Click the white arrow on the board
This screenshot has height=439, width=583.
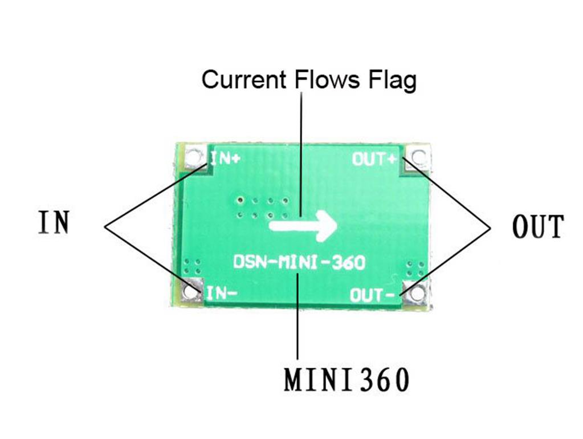click(x=303, y=225)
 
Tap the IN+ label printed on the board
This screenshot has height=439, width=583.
click(x=226, y=159)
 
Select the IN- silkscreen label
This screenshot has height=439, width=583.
click(x=221, y=293)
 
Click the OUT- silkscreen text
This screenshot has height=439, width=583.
click(x=372, y=295)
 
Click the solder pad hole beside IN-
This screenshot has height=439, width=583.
click(x=190, y=292)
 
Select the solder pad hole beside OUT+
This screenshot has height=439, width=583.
click(x=419, y=156)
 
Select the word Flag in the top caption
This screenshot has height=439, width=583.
click(x=392, y=80)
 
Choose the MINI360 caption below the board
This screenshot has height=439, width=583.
click(x=346, y=380)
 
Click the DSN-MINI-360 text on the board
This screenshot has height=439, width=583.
click(x=299, y=263)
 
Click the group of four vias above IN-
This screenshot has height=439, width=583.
click(x=193, y=266)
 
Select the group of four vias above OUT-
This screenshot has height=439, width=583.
click(x=415, y=269)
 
